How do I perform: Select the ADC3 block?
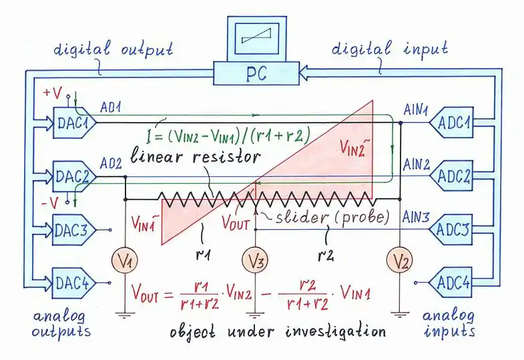click(x=457, y=229)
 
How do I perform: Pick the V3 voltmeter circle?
click(x=254, y=260)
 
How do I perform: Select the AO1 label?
click(x=111, y=108)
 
